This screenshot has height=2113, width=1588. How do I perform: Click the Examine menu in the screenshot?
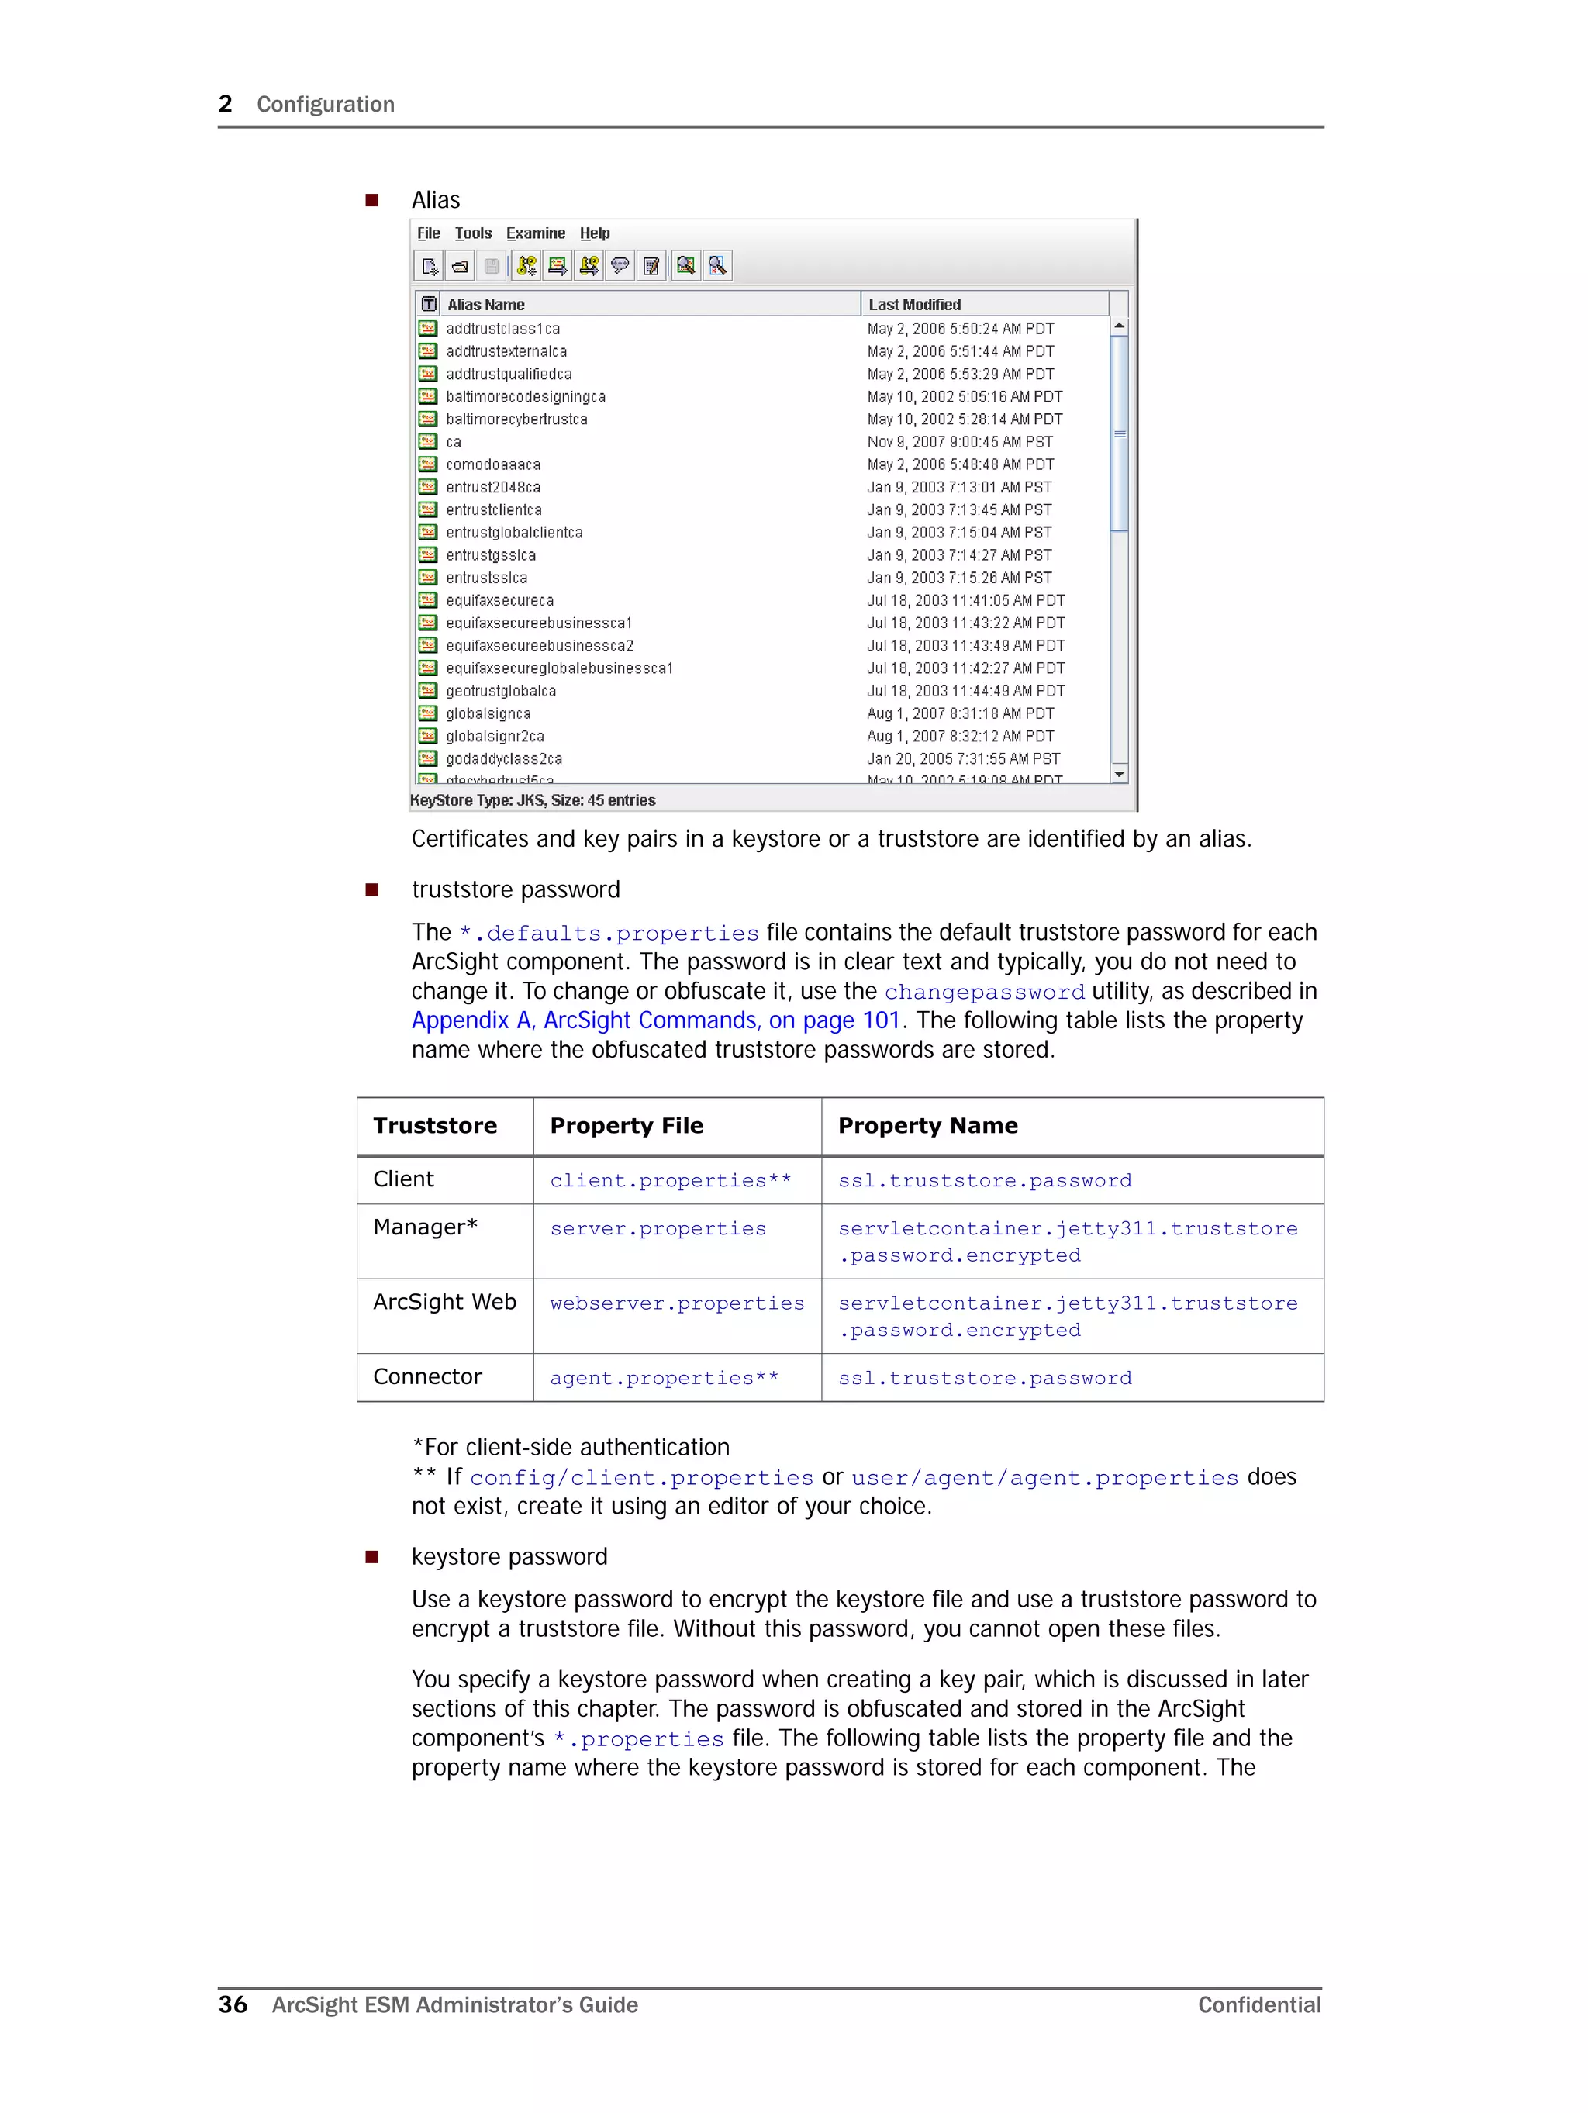pyautogui.click(x=535, y=233)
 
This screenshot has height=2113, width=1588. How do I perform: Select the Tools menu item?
pyautogui.click(x=473, y=233)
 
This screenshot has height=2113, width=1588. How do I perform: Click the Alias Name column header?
pyautogui.click(x=485, y=305)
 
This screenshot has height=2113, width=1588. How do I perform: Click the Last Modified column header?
pyautogui.click(x=914, y=305)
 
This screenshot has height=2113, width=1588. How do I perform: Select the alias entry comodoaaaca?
pyautogui.click(x=493, y=465)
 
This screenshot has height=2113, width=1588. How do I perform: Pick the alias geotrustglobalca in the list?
pyautogui.click(x=501, y=692)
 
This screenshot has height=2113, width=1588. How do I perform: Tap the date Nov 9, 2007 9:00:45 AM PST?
pyautogui.click(x=959, y=442)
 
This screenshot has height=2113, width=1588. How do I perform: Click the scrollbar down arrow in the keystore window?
pyautogui.click(x=1119, y=774)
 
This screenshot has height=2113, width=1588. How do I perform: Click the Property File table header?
pyautogui.click(x=626, y=1126)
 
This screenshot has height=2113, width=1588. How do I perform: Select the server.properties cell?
pyautogui.click(x=658, y=1229)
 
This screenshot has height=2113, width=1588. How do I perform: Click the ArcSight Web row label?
pyautogui.click(x=444, y=1303)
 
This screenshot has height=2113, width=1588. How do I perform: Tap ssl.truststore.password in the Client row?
pyautogui.click(x=984, y=1181)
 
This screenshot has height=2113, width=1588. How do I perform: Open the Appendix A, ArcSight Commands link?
pyautogui.click(x=655, y=1021)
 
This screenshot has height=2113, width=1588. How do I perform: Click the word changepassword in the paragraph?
pyautogui.click(x=984, y=993)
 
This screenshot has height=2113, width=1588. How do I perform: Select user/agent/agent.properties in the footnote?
pyautogui.click(x=1044, y=1479)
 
